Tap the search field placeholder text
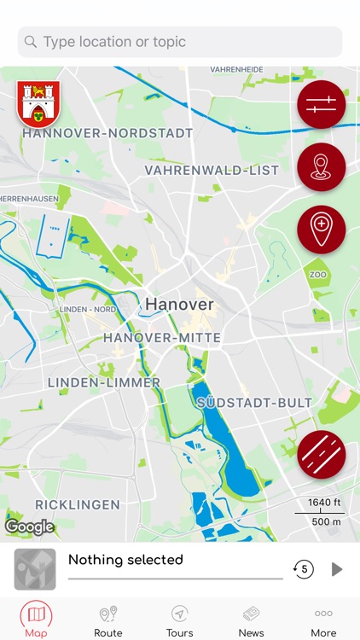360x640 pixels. click(114, 42)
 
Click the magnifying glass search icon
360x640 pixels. click(32, 42)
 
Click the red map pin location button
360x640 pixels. click(321, 167)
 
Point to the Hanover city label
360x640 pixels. click(179, 305)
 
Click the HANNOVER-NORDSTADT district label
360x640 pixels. click(107, 134)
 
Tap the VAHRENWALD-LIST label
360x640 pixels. click(212, 171)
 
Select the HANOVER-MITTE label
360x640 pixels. click(162, 338)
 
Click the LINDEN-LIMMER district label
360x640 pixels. click(103, 383)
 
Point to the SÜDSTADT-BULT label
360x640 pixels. click(254, 402)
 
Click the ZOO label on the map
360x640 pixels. click(318, 276)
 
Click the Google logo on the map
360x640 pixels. click(29, 527)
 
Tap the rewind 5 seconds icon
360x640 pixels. click(303, 569)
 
